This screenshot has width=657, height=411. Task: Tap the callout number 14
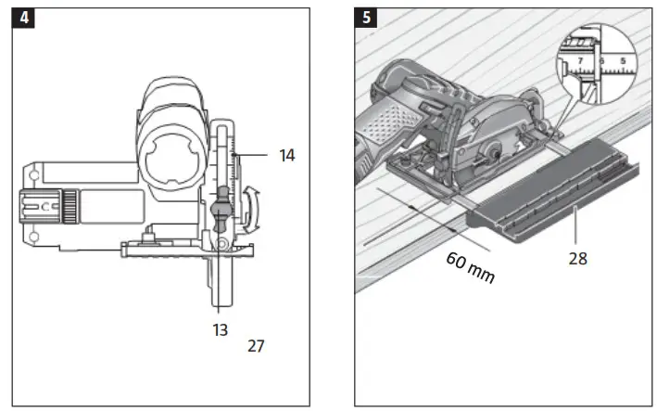286,156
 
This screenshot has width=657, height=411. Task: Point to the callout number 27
256,346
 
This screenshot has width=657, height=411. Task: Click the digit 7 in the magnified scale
579,61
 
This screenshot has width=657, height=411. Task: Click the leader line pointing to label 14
255,155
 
